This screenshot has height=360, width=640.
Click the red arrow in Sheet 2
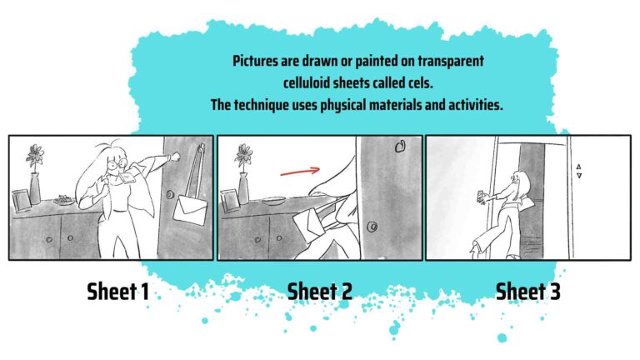click(x=300, y=172)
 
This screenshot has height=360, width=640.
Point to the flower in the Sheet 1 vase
click(x=34, y=154)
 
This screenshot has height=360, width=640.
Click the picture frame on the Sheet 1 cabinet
click(x=19, y=200)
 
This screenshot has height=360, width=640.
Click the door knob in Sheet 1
click(x=170, y=197)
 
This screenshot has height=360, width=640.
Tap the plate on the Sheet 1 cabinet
click(x=63, y=200)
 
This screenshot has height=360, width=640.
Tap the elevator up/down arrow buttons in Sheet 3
click(x=578, y=171)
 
